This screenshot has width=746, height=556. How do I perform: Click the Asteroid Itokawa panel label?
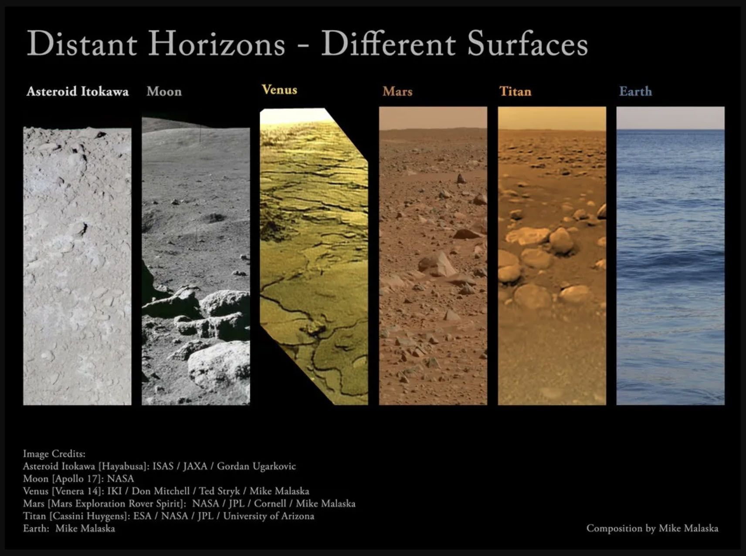click(x=78, y=91)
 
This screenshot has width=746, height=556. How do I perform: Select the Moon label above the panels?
click(x=164, y=91)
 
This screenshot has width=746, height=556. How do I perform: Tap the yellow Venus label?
click(x=279, y=90)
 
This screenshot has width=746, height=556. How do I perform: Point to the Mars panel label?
click(x=397, y=91)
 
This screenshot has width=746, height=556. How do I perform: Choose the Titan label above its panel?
click(x=515, y=91)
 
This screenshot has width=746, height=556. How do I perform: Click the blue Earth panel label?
click(x=636, y=91)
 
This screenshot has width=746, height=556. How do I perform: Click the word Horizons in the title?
click(x=217, y=44)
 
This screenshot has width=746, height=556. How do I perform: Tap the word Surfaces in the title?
click(x=527, y=44)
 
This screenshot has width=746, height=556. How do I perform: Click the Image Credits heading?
click(x=54, y=454)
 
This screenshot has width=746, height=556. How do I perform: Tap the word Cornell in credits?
click(x=270, y=504)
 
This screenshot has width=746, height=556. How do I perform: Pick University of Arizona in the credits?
click(x=268, y=516)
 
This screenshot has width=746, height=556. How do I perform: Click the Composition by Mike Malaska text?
click(x=652, y=529)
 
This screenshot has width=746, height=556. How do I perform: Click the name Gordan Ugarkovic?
click(x=256, y=466)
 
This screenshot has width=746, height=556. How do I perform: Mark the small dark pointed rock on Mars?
click(x=461, y=179)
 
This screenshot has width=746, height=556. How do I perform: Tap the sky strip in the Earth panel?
click(x=671, y=118)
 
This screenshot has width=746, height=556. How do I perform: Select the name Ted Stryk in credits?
click(x=220, y=491)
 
